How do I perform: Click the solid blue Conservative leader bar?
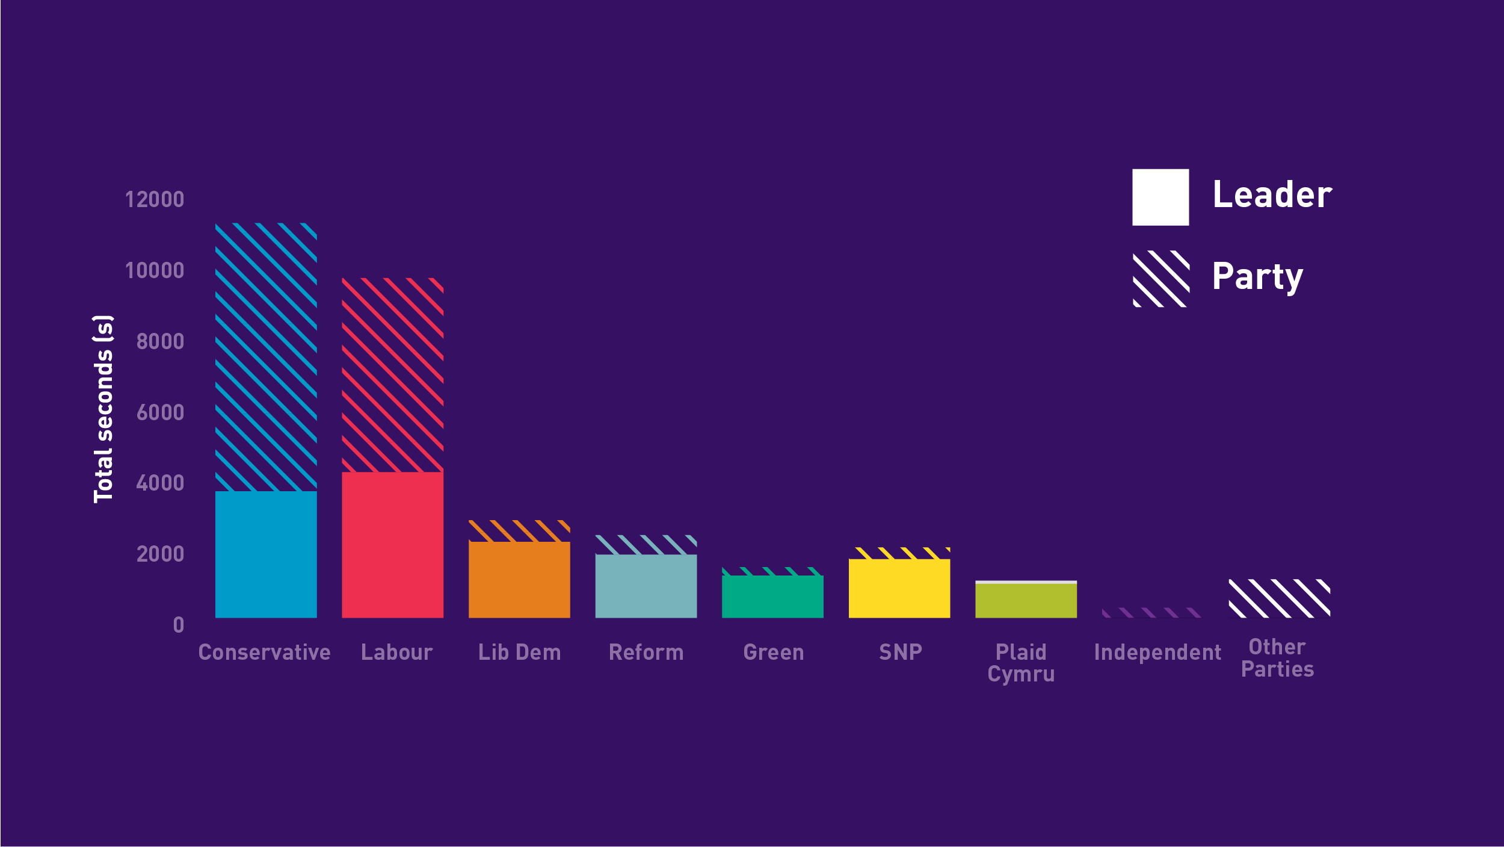[266, 554]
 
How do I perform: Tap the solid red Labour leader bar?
[392, 545]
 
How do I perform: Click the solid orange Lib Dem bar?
[519, 580]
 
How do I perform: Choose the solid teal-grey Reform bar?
[646, 586]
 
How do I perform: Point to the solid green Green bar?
[772, 597]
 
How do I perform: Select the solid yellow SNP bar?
[899, 588]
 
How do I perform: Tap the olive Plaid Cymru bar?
[1026, 600]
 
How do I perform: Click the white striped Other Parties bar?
[1279, 598]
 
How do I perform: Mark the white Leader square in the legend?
[1160, 197]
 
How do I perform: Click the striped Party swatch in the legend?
[1160, 279]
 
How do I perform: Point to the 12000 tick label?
[154, 199]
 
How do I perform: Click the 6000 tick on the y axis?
[160, 412]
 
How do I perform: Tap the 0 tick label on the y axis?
[178, 625]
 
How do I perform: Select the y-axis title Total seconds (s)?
[103, 409]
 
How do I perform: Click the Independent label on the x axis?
[1157, 653]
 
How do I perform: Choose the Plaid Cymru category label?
[1021, 663]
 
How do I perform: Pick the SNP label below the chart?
[900, 652]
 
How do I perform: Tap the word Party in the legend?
[1257, 276]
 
